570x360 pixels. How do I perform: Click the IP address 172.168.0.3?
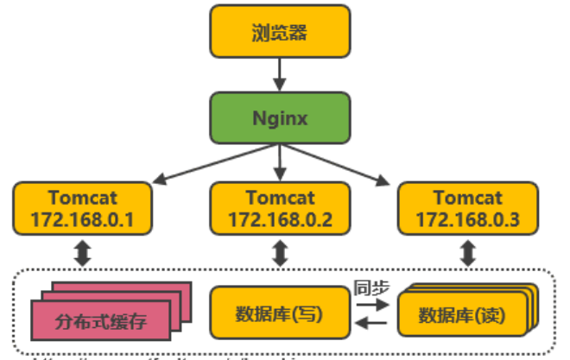(467, 219)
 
